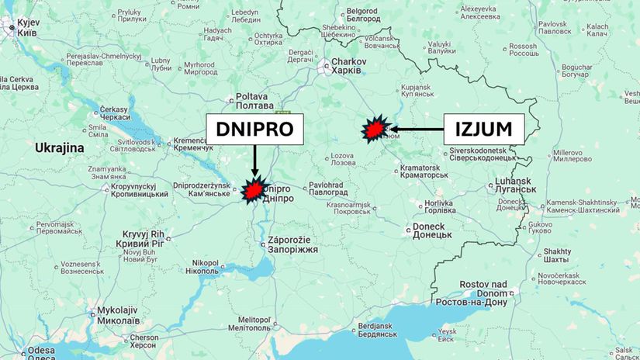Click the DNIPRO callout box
[x=254, y=129]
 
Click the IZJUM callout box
[x=484, y=129]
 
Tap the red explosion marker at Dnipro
[x=253, y=191]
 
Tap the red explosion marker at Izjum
[x=375, y=130]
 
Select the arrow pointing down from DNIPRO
[x=254, y=161]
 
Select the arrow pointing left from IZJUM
[x=415, y=129]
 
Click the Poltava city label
[x=254, y=103]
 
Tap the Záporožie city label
[x=292, y=244]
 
